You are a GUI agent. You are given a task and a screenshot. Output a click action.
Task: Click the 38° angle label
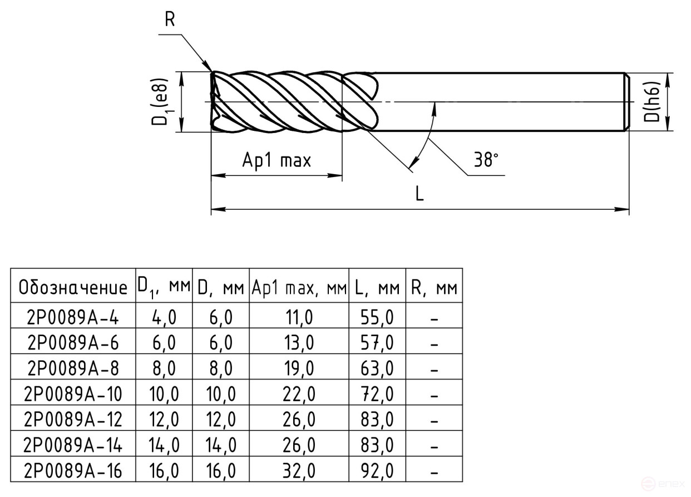pyautogui.click(x=486, y=160)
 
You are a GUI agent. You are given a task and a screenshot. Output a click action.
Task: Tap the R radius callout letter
pyautogui.click(x=170, y=19)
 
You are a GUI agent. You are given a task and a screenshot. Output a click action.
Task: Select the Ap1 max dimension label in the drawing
pyautogui.click(x=277, y=161)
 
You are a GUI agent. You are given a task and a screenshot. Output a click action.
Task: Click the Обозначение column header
pyautogui.click(x=73, y=288)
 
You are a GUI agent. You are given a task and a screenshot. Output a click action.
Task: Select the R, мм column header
pyautogui.click(x=434, y=288)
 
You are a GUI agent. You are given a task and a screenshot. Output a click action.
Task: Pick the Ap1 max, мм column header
pyautogui.click(x=299, y=288)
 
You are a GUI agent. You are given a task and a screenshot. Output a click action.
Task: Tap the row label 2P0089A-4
pyautogui.click(x=73, y=318)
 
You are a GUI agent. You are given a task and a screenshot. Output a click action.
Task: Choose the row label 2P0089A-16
pyautogui.click(x=73, y=471)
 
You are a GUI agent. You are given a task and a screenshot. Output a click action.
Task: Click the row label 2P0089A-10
pyautogui.click(x=73, y=395)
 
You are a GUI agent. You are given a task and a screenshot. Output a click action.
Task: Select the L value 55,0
pyautogui.click(x=377, y=318)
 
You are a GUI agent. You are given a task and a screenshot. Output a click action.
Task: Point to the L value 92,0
pyautogui.click(x=377, y=471)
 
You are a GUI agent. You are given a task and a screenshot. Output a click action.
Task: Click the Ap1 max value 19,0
pyautogui.click(x=299, y=369)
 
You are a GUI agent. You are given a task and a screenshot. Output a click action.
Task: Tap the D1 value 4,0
pyautogui.click(x=164, y=318)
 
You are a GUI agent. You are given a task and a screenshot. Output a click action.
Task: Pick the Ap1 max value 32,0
pyautogui.click(x=299, y=471)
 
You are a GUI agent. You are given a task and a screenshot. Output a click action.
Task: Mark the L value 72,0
pyautogui.click(x=377, y=395)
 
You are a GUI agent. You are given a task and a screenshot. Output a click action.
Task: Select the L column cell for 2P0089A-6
pyautogui.click(x=377, y=343)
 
